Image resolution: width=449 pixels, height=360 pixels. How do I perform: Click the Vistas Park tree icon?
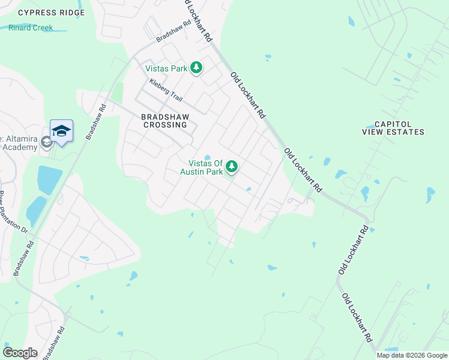pyautogui.click(x=196, y=68)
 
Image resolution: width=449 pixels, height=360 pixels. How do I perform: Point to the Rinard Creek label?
pyautogui.click(x=31, y=28)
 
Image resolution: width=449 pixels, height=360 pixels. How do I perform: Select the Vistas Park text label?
pyautogui.click(x=167, y=68)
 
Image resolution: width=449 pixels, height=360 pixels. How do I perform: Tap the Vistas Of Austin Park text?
pyautogui.click(x=206, y=167)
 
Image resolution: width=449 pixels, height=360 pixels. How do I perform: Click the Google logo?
pyautogui.click(x=20, y=353)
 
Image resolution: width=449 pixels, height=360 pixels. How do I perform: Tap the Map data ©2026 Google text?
pyautogui.click(x=412, y=355)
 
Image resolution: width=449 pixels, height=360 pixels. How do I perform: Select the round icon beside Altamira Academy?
pyautogui.click(x=47, y=142)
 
